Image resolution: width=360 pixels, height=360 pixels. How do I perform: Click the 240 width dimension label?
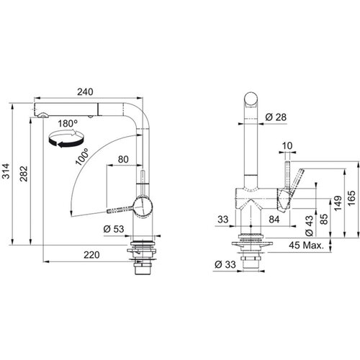85,91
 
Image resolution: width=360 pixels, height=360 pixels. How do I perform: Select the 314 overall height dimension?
6,171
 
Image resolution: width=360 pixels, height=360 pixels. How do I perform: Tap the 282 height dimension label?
24,174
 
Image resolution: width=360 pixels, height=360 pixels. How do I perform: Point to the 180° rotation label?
68,124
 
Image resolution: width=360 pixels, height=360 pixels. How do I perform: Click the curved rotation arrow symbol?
66,138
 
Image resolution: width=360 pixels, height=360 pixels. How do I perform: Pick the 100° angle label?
82,157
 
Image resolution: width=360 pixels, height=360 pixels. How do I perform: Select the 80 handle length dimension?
123,159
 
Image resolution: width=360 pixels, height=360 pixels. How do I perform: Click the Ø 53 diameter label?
114,229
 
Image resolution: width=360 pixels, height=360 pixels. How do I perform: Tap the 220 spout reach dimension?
91,255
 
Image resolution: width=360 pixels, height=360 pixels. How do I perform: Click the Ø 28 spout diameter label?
276,117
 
